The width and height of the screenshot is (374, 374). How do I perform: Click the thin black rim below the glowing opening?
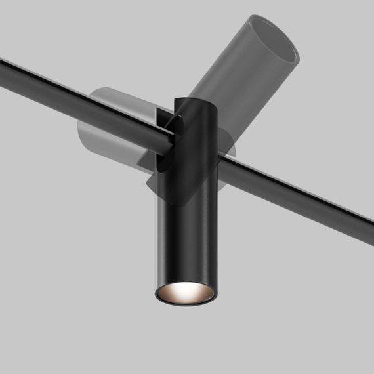pos(184,303)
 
